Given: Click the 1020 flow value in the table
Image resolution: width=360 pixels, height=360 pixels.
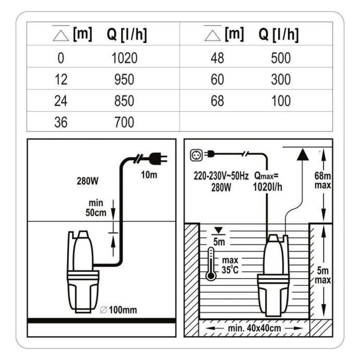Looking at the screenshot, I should [124, 57].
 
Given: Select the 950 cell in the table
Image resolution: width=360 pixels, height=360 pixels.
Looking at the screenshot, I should [124, 79].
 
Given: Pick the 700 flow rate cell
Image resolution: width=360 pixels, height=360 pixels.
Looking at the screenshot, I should [124, 123].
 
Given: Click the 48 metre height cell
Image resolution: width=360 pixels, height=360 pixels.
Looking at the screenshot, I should [217, 57].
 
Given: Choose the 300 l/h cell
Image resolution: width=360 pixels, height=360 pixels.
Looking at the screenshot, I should [281, 79].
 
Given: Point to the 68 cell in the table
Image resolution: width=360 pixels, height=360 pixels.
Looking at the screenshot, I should [217, 101].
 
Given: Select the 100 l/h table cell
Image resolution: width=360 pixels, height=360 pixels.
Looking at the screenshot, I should [281, 101].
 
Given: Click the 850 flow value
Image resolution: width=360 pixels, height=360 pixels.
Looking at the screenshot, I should [124, 101].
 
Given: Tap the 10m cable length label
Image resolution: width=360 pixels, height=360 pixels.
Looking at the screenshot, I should [148, 175].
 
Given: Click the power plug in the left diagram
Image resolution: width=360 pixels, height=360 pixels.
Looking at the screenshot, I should [155, 157].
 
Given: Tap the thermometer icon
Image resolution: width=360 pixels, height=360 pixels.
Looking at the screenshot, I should [211, 263].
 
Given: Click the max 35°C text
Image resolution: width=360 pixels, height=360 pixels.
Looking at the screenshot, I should [230, 265].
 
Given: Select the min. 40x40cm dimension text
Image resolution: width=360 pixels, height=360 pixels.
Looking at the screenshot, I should [255, 329].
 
